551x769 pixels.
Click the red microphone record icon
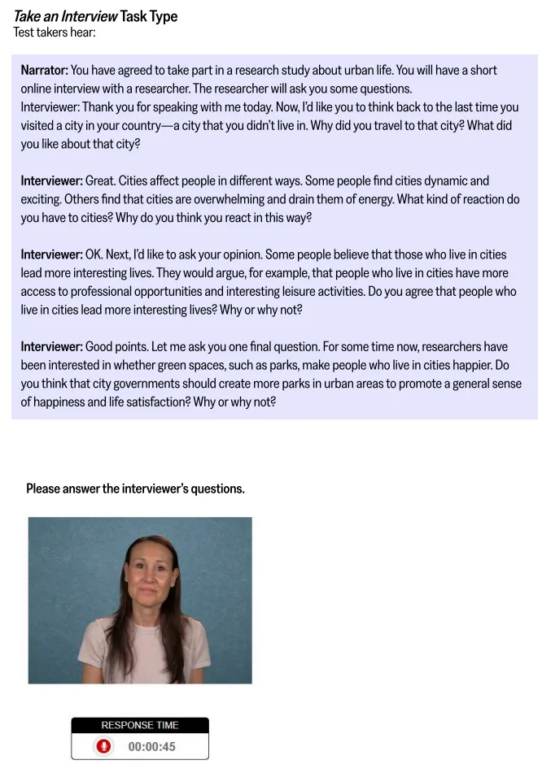click(x=103, y=746)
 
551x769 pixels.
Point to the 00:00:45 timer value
click(x=152, y=746)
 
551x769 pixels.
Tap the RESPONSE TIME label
click(x=140, y=725)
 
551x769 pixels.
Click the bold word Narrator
click(x=44, y=71)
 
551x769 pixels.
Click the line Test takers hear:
click(x=55, y=33)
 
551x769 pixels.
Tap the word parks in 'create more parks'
click(x=265, y=384)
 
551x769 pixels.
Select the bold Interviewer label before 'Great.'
click(x=51, y=181)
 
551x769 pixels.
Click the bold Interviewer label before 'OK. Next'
click(x=51, y=254)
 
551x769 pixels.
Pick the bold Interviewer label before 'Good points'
click(x=51, y=346)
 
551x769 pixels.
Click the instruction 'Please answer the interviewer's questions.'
click(x=135, y=489)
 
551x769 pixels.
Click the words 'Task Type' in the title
click(x=149, y=16)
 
